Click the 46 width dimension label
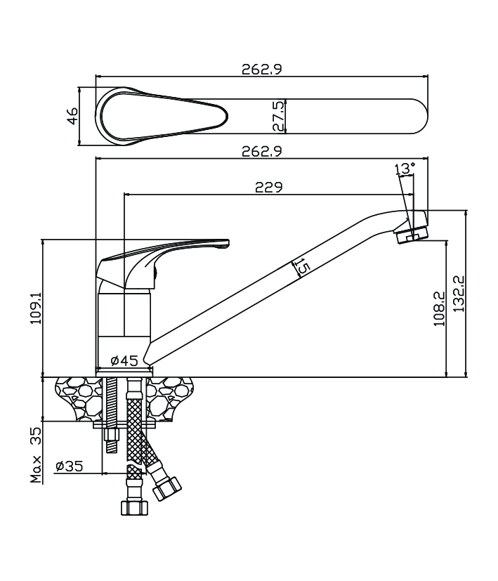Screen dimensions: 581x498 coord(72,117)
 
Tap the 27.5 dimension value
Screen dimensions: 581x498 coord(279,115)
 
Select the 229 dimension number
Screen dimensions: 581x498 coord(268,187)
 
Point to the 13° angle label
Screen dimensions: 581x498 coord(405,169)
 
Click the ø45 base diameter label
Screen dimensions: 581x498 coord(124,361)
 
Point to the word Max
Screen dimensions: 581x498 coord(37,469)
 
